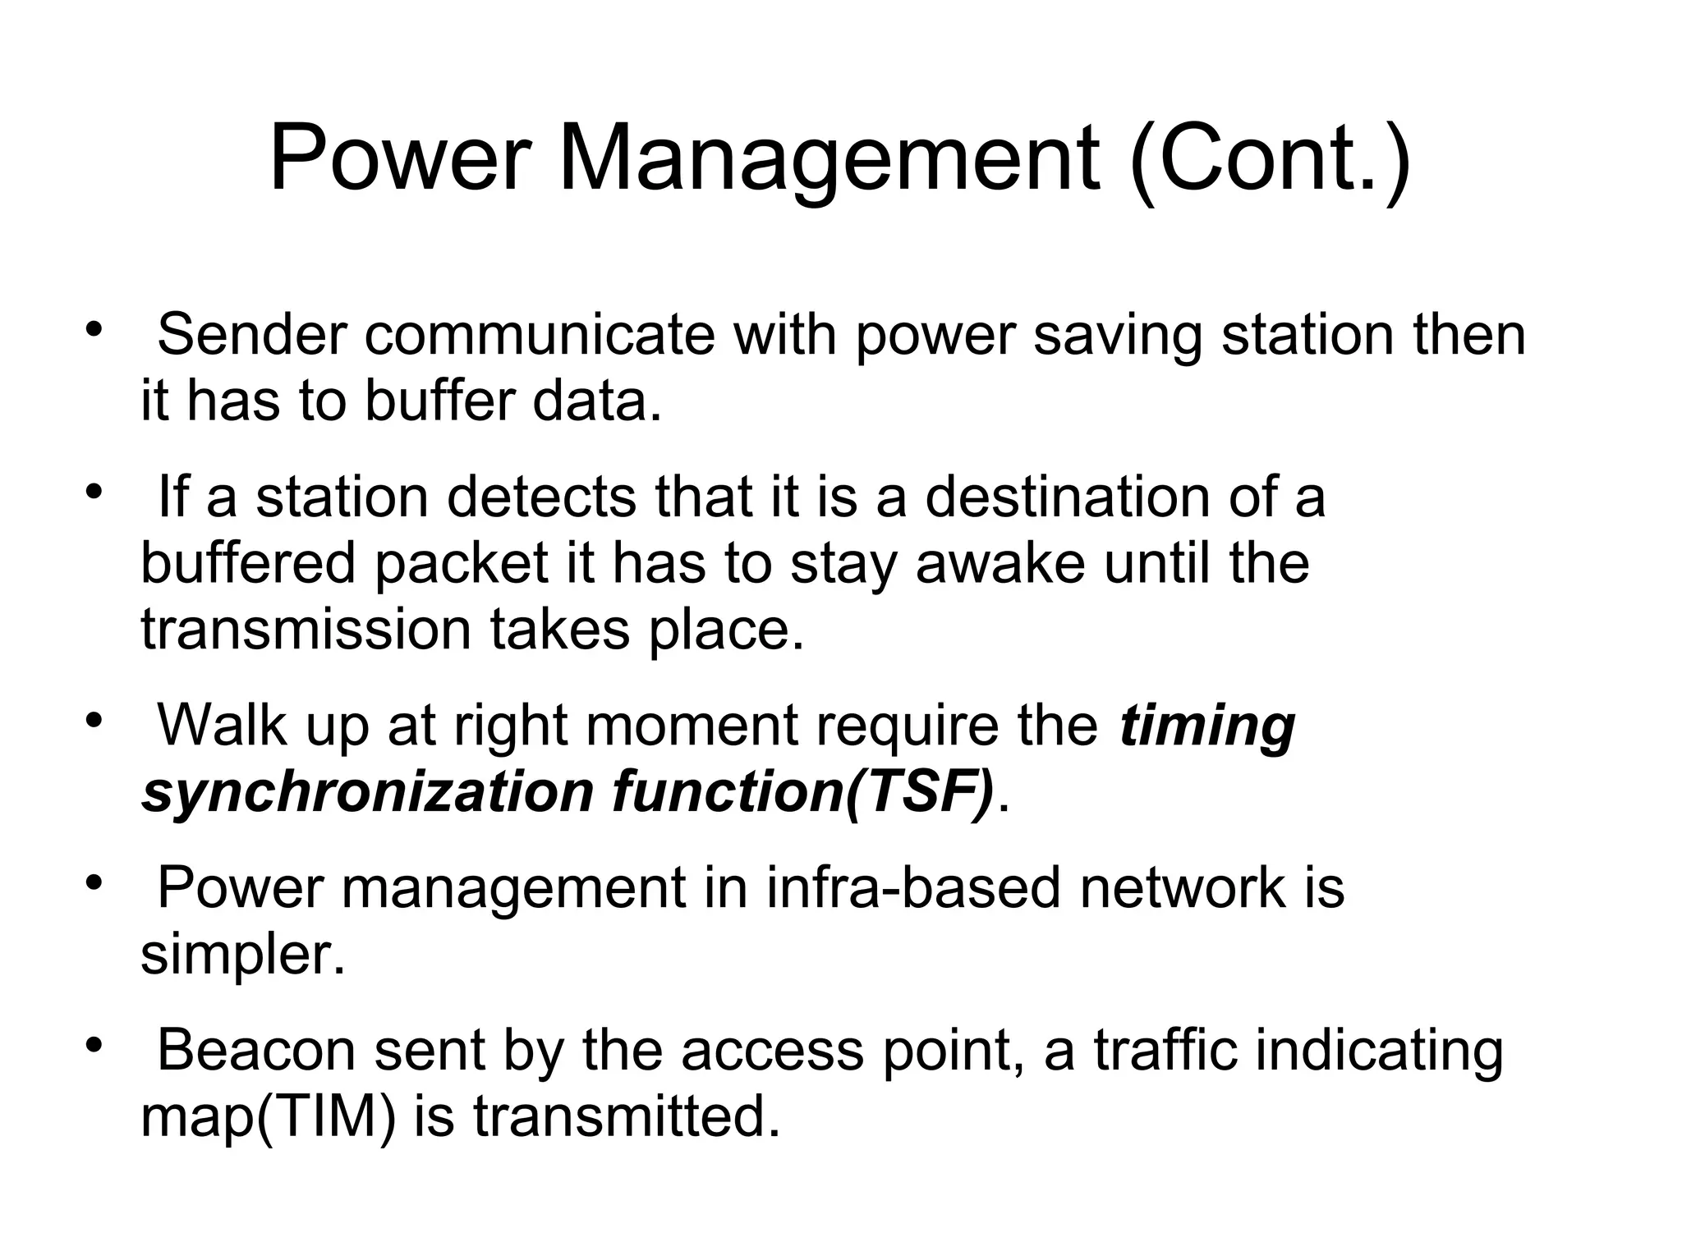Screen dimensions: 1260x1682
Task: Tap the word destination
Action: pos(1067,497)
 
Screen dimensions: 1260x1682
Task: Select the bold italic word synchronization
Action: pos(367,792)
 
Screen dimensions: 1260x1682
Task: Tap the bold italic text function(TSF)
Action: pos(802,792)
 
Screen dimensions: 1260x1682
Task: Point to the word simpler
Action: pos(243,955)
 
